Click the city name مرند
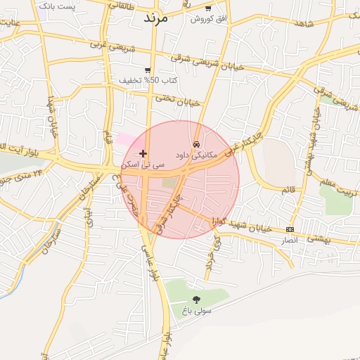click(156, 18)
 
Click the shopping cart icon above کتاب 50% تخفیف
click(148, 70)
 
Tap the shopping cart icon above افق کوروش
click(208, 8)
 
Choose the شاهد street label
click(304, 25)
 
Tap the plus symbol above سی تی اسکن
click(143, 153)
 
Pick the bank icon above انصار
click(290, 230)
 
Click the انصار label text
click(290, 240)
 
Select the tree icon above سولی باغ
click(196, 300)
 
